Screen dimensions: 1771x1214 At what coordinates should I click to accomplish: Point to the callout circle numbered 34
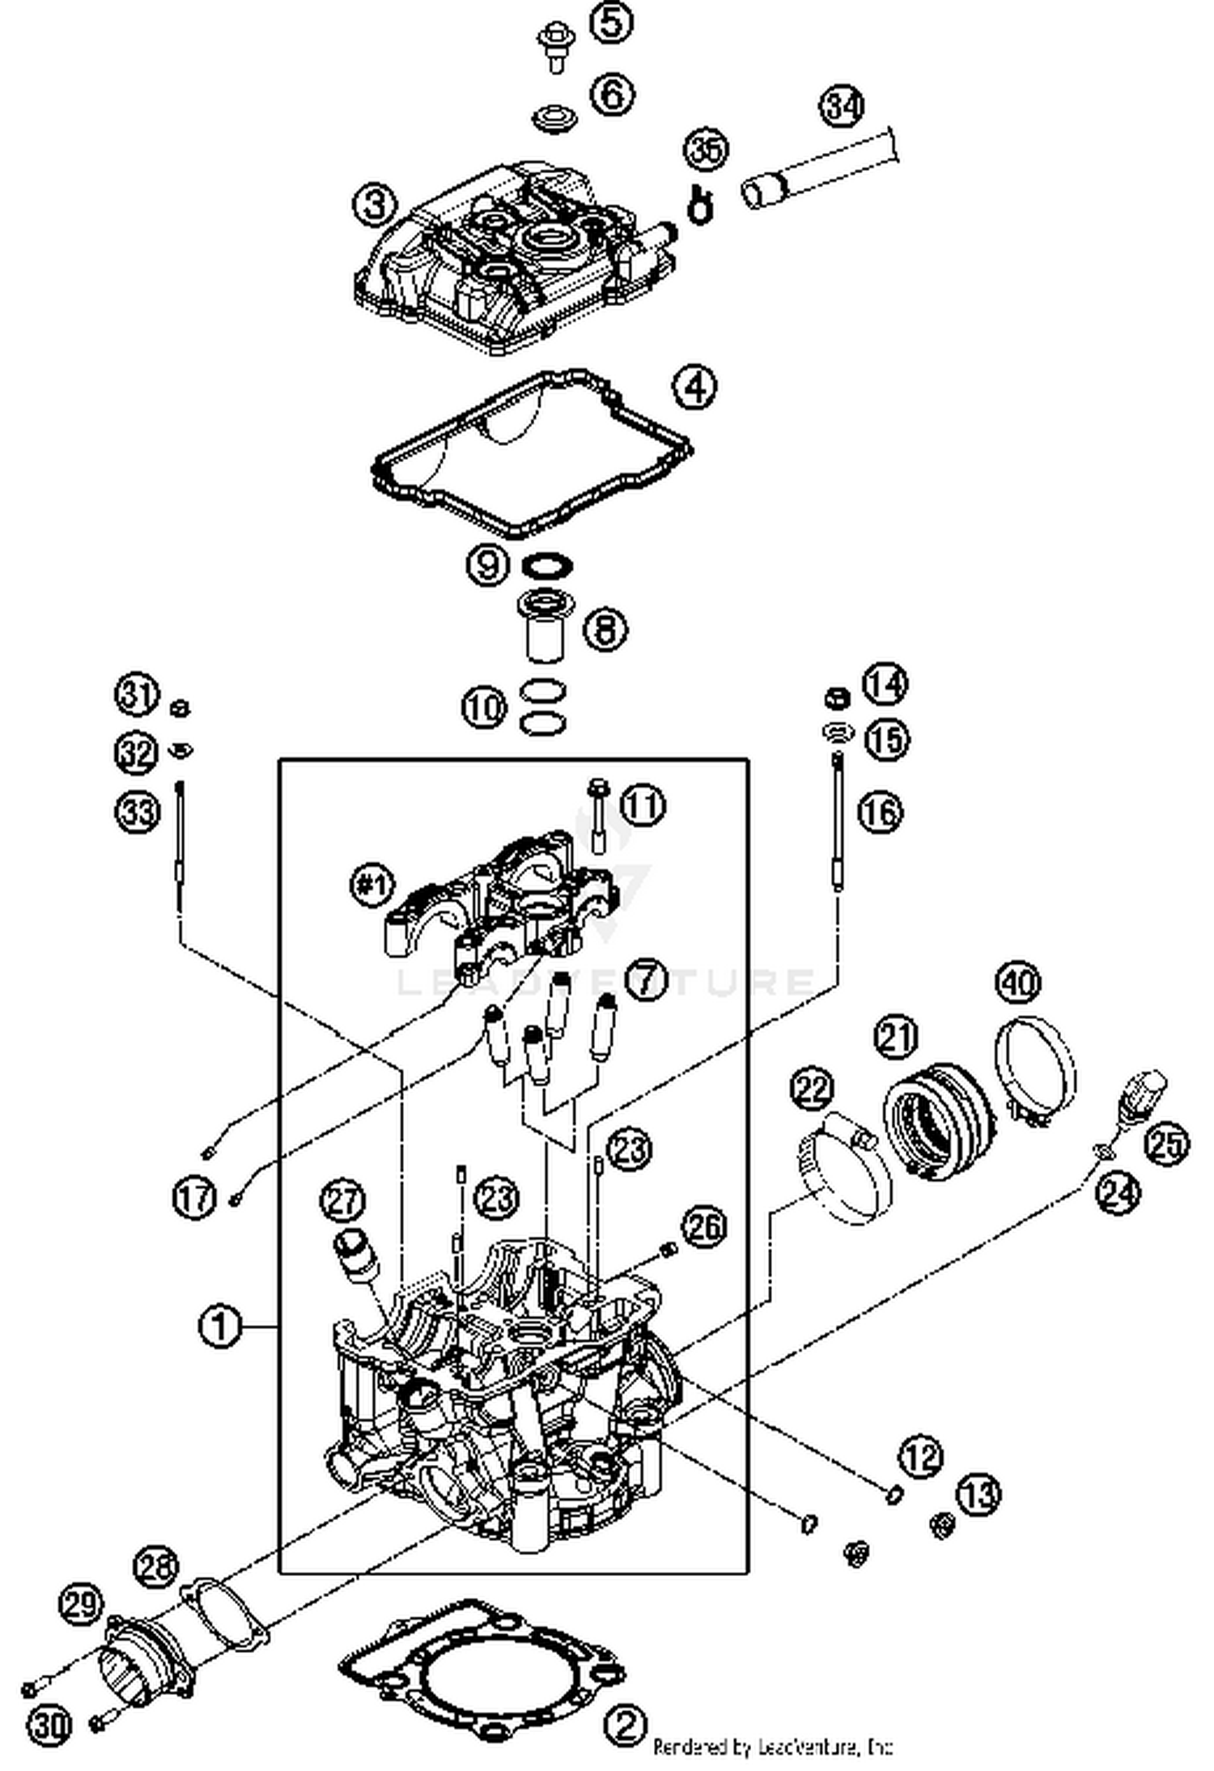point(843,107)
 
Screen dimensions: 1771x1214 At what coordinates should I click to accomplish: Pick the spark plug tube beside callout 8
point(544,627)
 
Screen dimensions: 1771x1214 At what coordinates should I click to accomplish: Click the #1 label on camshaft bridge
point(373,885)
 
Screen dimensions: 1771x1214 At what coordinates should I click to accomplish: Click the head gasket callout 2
point(625,1725)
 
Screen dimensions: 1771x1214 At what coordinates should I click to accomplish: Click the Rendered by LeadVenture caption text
point(772,1746)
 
